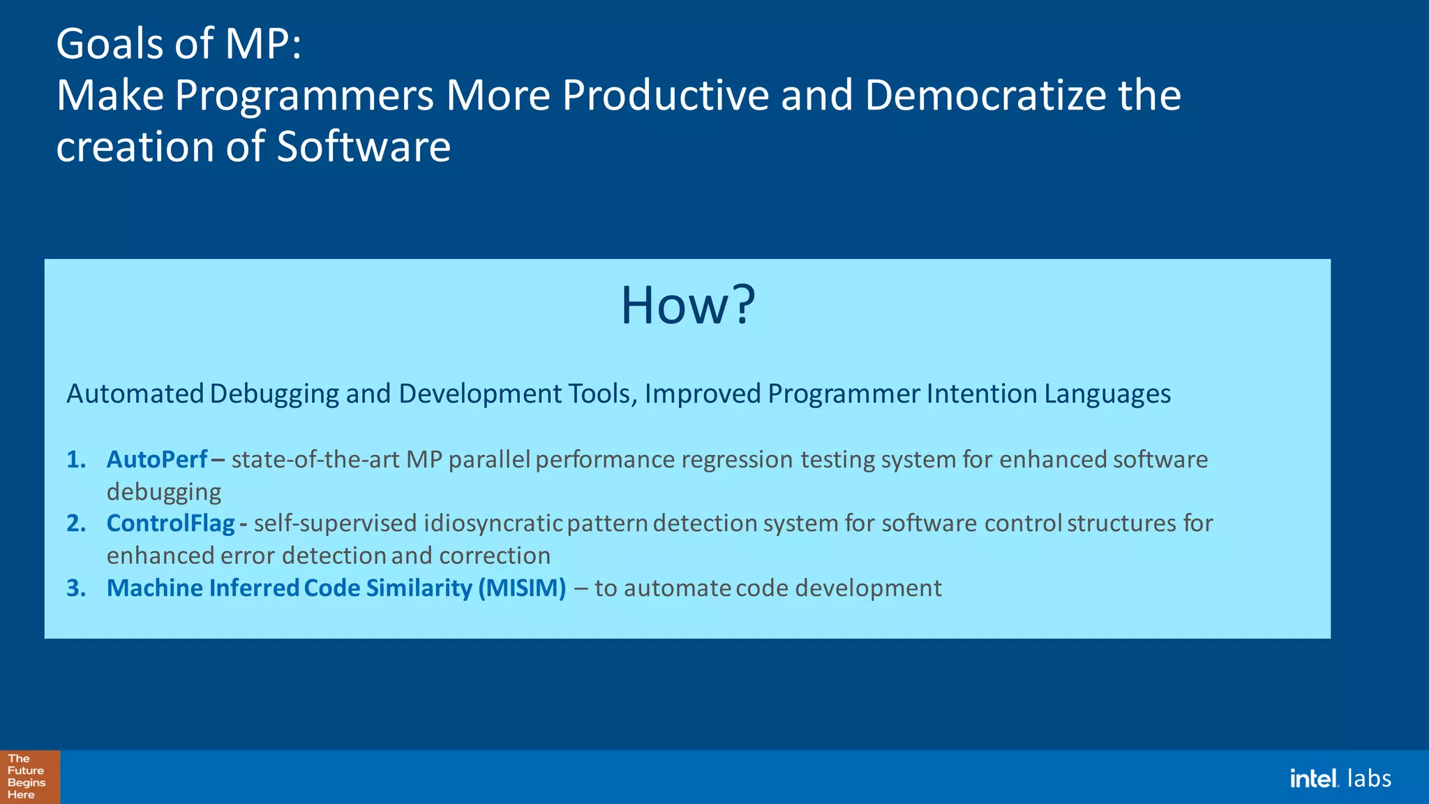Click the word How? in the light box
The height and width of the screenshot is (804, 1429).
click(687, 306)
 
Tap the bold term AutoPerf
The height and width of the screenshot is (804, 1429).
click(157, 459)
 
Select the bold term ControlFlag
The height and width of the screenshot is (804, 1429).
click(170, 523)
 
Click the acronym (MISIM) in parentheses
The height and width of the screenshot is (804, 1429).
click(522, 588)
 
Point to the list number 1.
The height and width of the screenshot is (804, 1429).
click(76, 459)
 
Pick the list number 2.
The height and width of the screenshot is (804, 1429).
click(76, 523)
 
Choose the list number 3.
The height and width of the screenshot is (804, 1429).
click(76, 588)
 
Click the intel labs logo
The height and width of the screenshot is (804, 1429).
click(1340, 778)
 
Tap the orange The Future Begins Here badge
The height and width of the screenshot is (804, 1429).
click(29, 777)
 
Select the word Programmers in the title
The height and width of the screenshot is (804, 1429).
click(304, 95)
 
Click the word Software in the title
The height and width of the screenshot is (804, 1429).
click(364, 147)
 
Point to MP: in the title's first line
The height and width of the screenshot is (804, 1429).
click(263, 43)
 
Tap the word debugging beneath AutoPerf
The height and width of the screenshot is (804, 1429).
click(164, 492)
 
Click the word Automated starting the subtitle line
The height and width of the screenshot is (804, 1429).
click(135, 394)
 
